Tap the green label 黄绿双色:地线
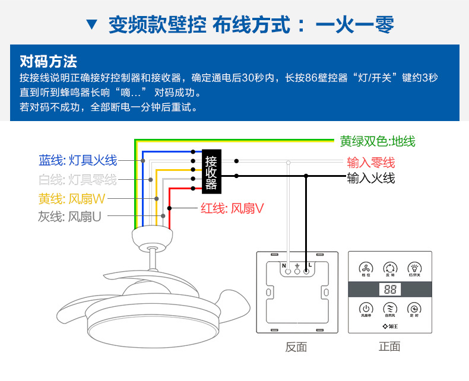(x=378, y=141)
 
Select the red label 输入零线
(x=371, y=163)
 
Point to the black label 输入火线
(x=371, y=178)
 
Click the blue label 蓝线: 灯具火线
(x=78, y=160)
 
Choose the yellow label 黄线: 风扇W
(x=72, y=198)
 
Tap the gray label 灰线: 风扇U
(x=69, y=217)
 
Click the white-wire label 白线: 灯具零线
(x=78, y=180)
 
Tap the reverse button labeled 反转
(x=389, y=268)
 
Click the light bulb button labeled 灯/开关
(x=414, y=268)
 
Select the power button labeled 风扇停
(x=366, y=309)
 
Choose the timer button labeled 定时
(x=414, y=309)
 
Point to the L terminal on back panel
(x=306, y=271)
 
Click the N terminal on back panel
(x=289, y=271)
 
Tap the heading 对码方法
(x=48, y=62)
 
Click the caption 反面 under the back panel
(x=296, y=347)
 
